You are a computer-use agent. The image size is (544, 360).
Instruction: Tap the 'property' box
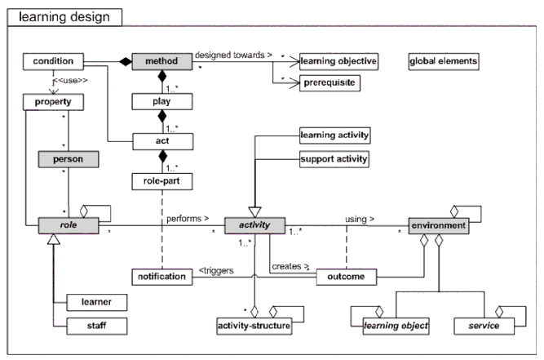(54, 102)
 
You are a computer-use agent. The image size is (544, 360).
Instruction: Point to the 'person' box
(69, 159)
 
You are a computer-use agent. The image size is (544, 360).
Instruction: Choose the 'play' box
(162, 102)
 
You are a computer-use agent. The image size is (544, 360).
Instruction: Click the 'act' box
(161, 141)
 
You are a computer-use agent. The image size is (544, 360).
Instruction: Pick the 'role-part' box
(161, 180)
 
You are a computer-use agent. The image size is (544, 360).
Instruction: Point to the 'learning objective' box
(338, 62)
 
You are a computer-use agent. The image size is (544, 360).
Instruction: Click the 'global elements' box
(443, 61)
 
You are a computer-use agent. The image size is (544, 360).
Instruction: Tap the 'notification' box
(161, 277)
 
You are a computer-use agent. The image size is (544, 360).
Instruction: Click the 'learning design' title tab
(64, 17)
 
